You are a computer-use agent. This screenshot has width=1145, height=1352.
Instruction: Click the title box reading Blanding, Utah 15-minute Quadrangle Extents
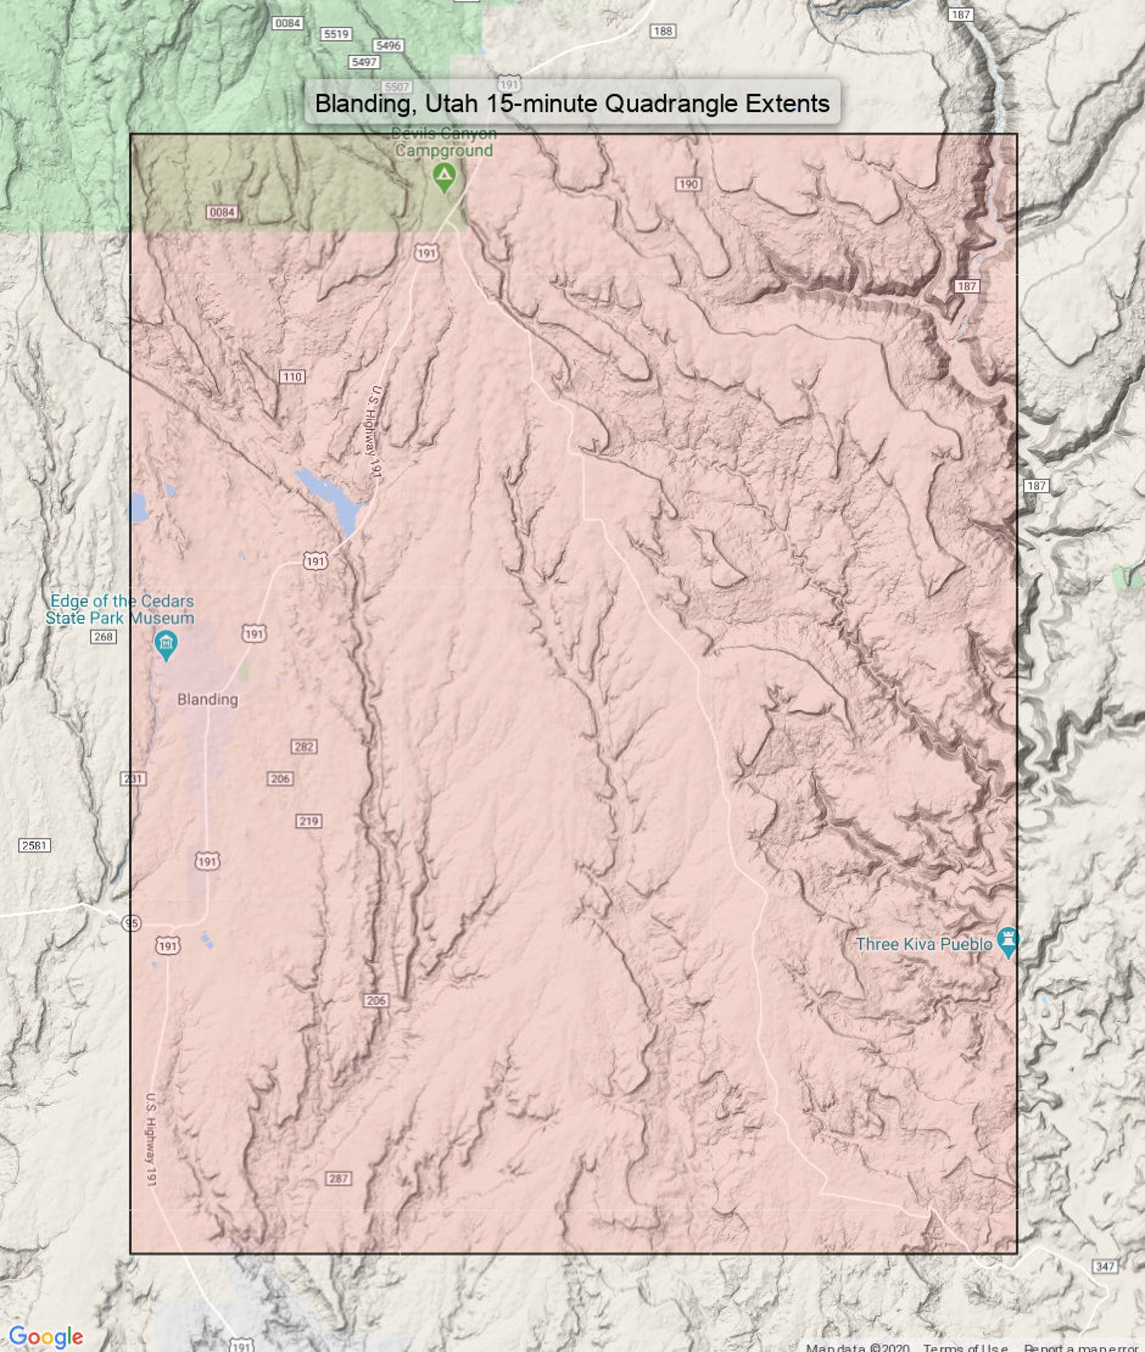(x=572, y=103)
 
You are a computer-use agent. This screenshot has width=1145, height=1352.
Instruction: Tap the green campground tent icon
(x=444, y=175)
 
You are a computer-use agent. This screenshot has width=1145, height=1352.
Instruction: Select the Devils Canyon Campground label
(x=443, y=142)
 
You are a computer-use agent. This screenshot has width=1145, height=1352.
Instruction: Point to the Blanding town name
(x=208, y=699)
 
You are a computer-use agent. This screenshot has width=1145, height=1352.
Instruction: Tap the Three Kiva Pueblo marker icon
(x=1007, y=940)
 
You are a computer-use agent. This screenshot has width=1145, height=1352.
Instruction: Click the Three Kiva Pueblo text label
(x=924, y=944)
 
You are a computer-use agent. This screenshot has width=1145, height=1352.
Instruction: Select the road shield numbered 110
(x=292, y=376)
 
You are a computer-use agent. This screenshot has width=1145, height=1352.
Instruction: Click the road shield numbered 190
(x=689, y=184)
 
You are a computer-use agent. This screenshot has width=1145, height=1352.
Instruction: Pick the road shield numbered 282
(x=304, y=746)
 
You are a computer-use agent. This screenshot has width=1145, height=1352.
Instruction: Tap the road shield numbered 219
(x=309, y=821)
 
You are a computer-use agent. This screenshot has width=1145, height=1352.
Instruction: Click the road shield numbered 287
(x=338, y=1178)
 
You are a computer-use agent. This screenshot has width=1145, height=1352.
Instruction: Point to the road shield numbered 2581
(x=34, y=845)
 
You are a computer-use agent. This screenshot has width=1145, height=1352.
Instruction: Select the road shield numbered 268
(x=103, y=637)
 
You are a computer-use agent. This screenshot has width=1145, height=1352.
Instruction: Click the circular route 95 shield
(x=131, y=923)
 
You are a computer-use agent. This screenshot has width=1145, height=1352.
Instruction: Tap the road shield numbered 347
(x=1105, y=1266)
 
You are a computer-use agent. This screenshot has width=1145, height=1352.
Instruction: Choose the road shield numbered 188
(x=662, y=31)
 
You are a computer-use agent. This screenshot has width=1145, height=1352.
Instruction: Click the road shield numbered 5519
(x=336, y=34)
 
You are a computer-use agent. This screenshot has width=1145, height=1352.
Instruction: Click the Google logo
(x=46, y=1335)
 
